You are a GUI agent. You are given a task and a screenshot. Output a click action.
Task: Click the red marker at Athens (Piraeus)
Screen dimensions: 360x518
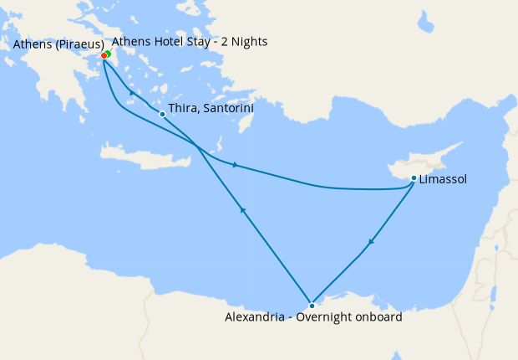tap(104, 56)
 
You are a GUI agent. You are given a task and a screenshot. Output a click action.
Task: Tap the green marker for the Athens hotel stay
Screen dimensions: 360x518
tap(108, 54)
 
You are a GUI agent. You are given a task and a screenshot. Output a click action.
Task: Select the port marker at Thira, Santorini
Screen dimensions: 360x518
tap(162, 114)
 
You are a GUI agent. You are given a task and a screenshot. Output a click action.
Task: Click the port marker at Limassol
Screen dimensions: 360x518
tap(414, 177)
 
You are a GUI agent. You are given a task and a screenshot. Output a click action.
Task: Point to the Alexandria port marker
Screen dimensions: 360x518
tap(312, 305)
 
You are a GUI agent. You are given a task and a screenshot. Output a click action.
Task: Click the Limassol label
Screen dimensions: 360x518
tap(444, 179)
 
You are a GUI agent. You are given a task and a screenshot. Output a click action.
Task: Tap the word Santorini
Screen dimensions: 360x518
tap(226, 109)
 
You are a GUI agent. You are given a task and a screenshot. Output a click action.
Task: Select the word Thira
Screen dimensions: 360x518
tap(182, 109)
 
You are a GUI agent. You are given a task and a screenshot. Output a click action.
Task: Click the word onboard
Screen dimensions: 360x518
tap(378, 317)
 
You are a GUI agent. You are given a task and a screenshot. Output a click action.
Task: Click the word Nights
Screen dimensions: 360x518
tap(250, 41)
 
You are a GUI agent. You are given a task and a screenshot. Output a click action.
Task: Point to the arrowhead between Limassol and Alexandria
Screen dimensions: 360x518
tap(371, 242)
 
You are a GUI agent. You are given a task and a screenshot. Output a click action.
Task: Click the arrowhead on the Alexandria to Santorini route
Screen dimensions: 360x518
tap(242, 211)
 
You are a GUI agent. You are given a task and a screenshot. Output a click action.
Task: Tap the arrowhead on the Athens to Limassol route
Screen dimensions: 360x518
tap(236, 165)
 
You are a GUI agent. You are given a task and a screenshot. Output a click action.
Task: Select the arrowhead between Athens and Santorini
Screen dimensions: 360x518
tap(132, 92)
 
